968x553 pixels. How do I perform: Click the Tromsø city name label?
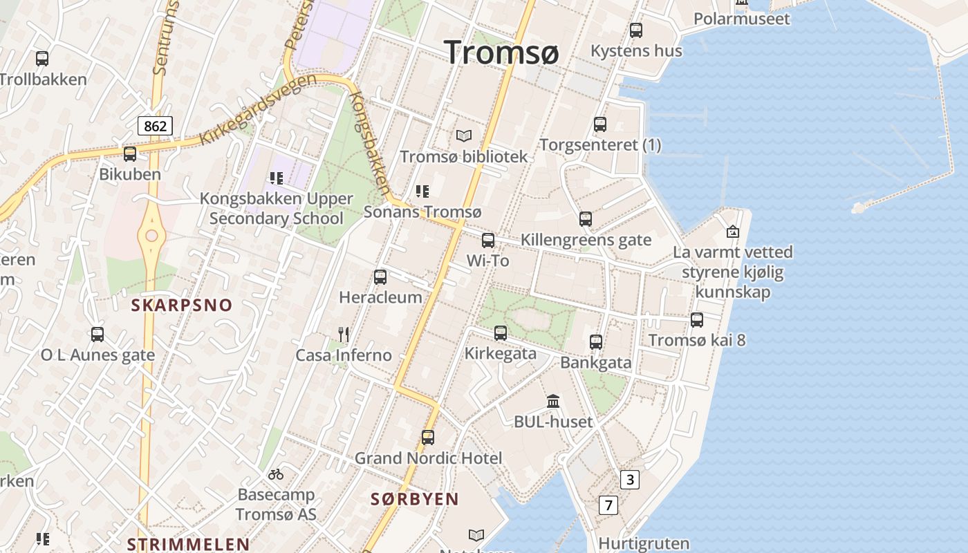(x=502, y=52)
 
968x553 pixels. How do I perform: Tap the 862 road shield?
(x=155, y=126)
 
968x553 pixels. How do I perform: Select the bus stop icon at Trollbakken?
(x=42, y=59)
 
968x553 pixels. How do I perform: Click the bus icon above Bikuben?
(x=130, y=154)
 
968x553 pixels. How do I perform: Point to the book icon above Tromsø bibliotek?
(x=463, y=136)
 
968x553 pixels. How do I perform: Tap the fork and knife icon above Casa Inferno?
(x=344, y=335)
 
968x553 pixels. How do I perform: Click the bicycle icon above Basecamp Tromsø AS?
(x=276, y=474)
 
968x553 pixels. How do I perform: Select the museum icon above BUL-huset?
(x=553, y=401)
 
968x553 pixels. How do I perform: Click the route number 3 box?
(x=629, y=480)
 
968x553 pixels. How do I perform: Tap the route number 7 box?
(x=608, y=505)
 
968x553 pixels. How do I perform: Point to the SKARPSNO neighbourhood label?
(x=182, y=305)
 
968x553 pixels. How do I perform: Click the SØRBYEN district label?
(x=415, y=499)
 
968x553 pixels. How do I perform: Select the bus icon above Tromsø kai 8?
(x=697, y=320)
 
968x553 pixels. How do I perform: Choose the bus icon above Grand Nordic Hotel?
(x=428, y=438)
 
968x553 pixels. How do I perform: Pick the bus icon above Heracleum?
(x=380, y=277)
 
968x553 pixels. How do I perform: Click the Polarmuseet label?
(x=741, y=19)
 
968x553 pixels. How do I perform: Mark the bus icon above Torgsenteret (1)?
(x=600, y=124)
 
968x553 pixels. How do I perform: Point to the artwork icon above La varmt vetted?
(x=733, y=232)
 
